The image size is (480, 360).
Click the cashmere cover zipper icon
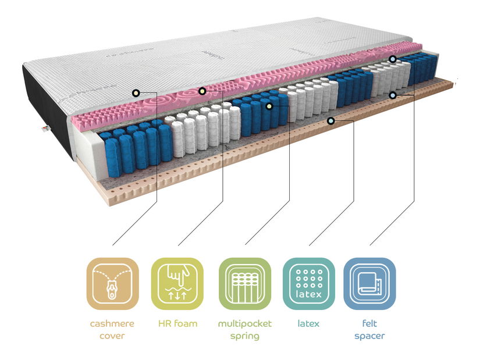[x=113, y=284]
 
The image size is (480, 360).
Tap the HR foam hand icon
[x=177, y=284]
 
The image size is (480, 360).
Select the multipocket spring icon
[x=244, y=284]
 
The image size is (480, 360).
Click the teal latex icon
[x=309, y=284]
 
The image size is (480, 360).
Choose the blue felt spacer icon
[x=369, y=284]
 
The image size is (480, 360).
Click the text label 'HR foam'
[x=177, y=323]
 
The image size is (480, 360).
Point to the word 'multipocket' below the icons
[x=244, y=323]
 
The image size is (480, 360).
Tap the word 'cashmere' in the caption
[x=113, y=323]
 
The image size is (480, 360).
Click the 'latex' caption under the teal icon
[x=308, y=323]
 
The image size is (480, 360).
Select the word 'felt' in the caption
[x=369, y=323]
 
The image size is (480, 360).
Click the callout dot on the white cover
[x=136, y=92]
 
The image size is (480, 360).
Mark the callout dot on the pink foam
[x=202, y=91]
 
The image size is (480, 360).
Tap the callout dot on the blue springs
[x=269, y=106]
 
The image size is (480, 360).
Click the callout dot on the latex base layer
[x=330, y=120]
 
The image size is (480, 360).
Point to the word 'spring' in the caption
[x=244, y=336]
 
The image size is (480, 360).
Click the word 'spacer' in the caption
[x=369, y=336]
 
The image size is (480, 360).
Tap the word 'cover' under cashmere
[x=113, y=336]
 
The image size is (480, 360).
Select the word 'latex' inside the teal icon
[x=309, y=294]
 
